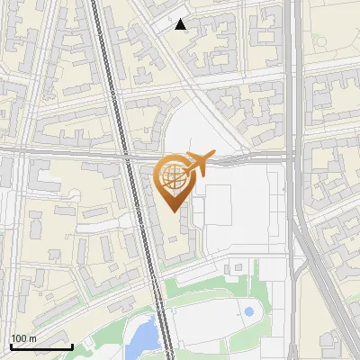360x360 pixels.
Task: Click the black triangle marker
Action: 181,24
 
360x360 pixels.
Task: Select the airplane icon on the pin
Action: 197,164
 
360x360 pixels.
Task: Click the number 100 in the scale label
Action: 19,338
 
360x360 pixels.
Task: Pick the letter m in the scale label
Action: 31,338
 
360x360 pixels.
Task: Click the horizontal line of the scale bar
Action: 41,346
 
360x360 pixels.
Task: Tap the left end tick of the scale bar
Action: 11,345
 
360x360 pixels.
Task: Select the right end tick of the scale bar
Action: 72,345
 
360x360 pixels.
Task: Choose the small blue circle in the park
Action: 248,311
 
